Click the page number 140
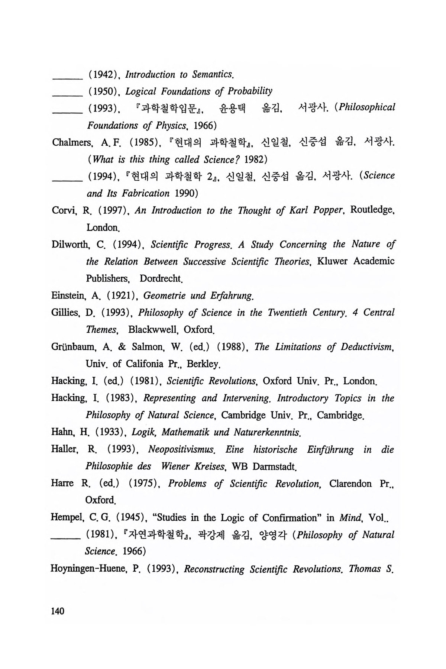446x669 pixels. coord(58,611)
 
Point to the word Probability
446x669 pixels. coord(250,91)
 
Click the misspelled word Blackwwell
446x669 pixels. coord(152,330)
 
